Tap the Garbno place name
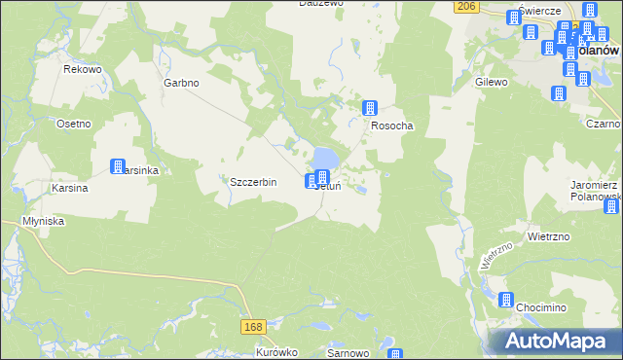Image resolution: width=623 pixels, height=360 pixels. tap(181, 83)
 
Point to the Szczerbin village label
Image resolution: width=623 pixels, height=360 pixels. tap(253, 182)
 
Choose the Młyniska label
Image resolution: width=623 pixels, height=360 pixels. tap(43, 221)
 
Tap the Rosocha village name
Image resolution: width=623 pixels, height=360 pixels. tap(391, 126)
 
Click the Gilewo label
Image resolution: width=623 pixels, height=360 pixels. tap(492, 83)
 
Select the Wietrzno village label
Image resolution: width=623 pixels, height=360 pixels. tap(548, 236)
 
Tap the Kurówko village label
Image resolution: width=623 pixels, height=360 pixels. tap(275, 353)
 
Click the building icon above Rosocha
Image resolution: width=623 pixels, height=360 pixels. tap(370, 108)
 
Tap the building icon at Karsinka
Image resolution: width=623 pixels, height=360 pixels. tap(118, 166)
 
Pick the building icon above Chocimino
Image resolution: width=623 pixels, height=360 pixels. tap(506, 300)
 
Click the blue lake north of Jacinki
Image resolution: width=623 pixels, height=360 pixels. tap(326, 156)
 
